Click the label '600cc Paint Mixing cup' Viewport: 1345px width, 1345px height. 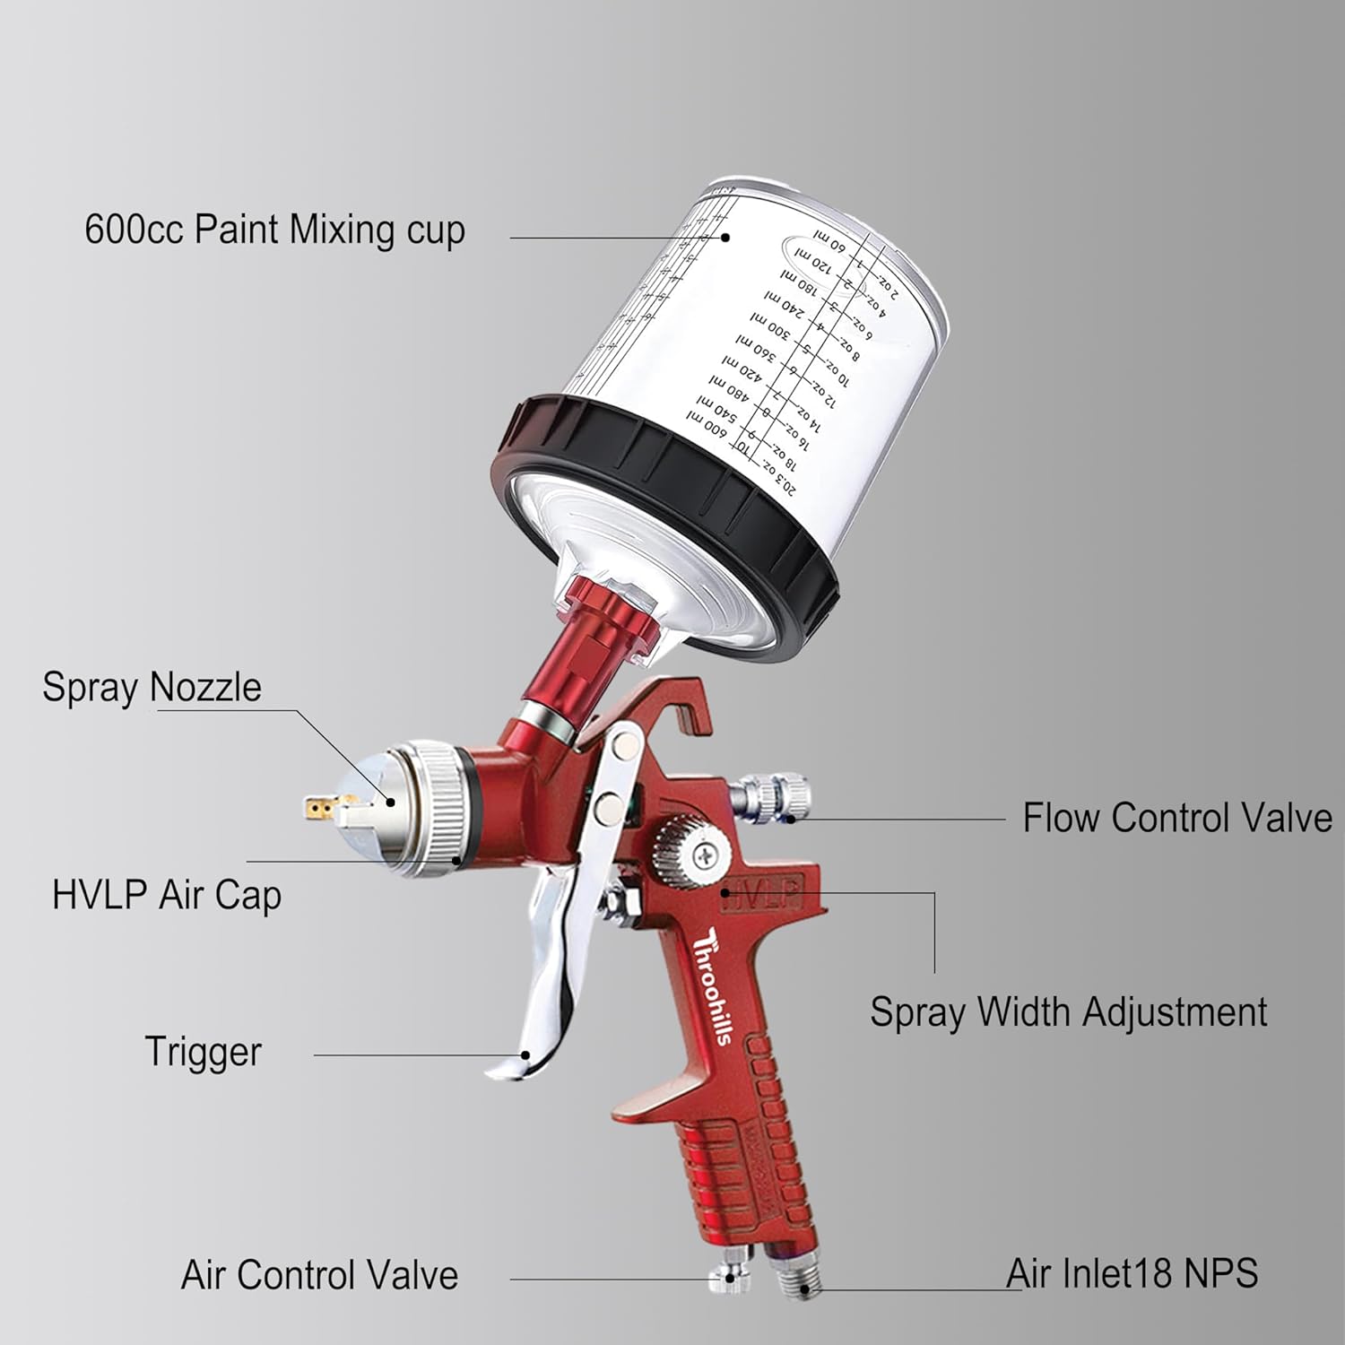(274, 230)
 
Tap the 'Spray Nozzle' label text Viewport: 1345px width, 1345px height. (152, 687)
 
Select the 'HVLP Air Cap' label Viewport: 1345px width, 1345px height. (167, 895)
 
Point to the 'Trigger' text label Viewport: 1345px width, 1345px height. (203, 1052)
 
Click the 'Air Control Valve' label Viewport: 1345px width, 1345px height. (319, 1274)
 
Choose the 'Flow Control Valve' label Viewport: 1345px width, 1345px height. (1176, 818)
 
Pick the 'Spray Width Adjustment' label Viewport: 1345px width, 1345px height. (1068, 1012)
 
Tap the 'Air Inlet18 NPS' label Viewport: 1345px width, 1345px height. (1132, 1273)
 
